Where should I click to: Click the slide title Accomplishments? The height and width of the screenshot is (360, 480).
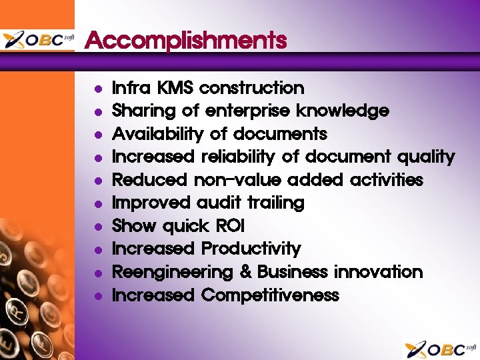pyautogui.click(x=186, y=41)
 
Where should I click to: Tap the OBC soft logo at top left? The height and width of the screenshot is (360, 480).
pyautogui.click(x=38, y=40)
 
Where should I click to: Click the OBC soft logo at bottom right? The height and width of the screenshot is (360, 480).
pyautogui.click(x=440, y=349)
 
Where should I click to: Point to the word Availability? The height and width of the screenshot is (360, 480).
pyautogui.click(x=157, y=134)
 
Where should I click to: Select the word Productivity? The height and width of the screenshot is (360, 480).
pyautogui.click(x=251, y=249)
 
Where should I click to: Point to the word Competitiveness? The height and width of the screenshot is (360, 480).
pyautogui.click(x=270, y=295)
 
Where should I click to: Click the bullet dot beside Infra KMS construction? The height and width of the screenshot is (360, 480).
pyautogui.click(x=98, y=89)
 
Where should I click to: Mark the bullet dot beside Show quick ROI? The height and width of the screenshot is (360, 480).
pyautogui.click(x=98, y=227)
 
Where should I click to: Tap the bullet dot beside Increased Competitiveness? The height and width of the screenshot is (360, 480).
pyautogui.click(x=98, y=296)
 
